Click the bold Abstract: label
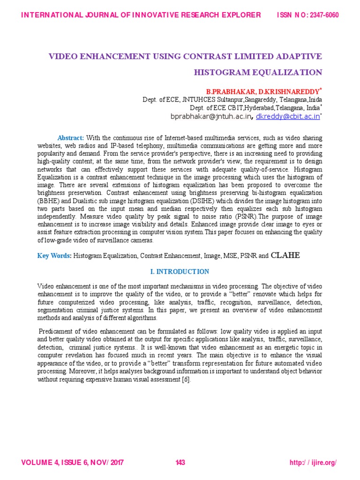pos(71,138)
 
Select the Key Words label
pos(54,256)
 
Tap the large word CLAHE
pos(285,255)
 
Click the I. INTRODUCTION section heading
pos(180,272)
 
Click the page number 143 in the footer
pos(180,463)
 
